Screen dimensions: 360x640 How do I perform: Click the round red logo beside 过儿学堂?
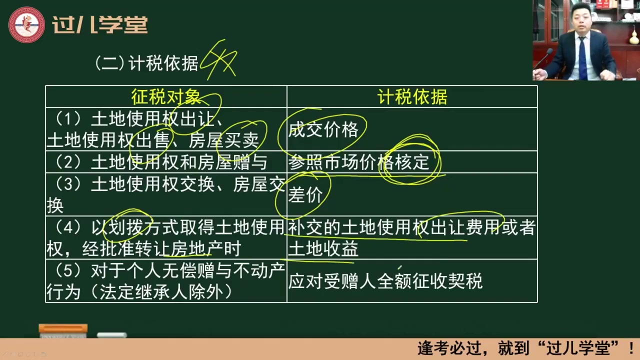click(x=26, y=24)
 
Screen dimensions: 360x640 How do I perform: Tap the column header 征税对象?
click(x=166, y=96)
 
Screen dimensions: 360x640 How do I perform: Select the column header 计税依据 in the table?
click(x=412, y=96)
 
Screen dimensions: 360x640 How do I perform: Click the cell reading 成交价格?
click(x=323, y=129)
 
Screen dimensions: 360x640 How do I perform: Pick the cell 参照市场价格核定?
click(x=358, y=162)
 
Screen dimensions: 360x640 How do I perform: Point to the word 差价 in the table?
click(x=305, y=195)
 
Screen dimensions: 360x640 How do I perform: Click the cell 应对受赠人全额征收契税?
click(x=385, y=281)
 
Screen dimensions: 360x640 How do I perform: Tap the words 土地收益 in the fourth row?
click(x=323, y=249)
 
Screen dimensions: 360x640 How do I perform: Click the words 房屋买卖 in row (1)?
click(x=223, y=141)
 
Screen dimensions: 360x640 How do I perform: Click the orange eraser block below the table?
click(x=63, y=328)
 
